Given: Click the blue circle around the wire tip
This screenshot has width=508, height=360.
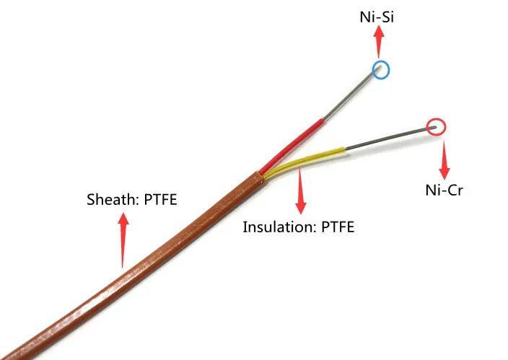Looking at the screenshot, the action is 380,69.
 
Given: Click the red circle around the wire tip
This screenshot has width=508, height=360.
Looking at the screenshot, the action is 436,128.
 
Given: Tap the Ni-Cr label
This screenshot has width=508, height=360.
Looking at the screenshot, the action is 444,190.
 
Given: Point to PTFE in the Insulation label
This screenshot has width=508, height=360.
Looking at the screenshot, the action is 336,227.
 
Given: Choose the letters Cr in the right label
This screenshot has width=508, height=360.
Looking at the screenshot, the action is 454,190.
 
